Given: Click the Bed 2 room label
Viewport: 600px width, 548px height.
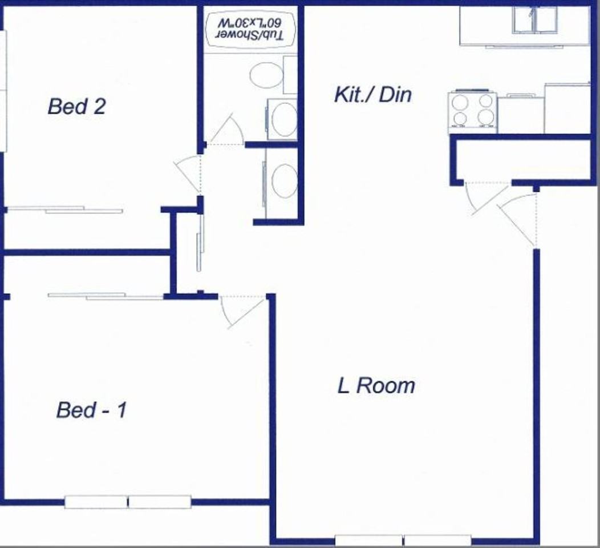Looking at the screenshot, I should (76, 107).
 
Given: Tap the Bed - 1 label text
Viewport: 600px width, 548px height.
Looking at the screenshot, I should (91, 410).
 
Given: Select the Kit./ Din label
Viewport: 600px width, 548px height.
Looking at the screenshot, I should (372, 94).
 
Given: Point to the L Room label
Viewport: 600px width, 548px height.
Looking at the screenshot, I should (376, 386).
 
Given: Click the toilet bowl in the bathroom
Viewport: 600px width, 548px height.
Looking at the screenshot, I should (266, 75).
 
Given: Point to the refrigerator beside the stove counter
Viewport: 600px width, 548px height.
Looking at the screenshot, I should (567, 108).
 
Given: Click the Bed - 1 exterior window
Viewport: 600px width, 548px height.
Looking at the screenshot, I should (127, 502).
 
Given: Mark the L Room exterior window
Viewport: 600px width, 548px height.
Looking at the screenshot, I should (403, 539).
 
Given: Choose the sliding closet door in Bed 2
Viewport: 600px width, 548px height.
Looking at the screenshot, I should (66, 210).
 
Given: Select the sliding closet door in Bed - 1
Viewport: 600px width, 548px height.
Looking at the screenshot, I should (106, 296).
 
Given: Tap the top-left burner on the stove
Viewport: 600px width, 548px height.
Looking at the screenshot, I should (460, 102).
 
